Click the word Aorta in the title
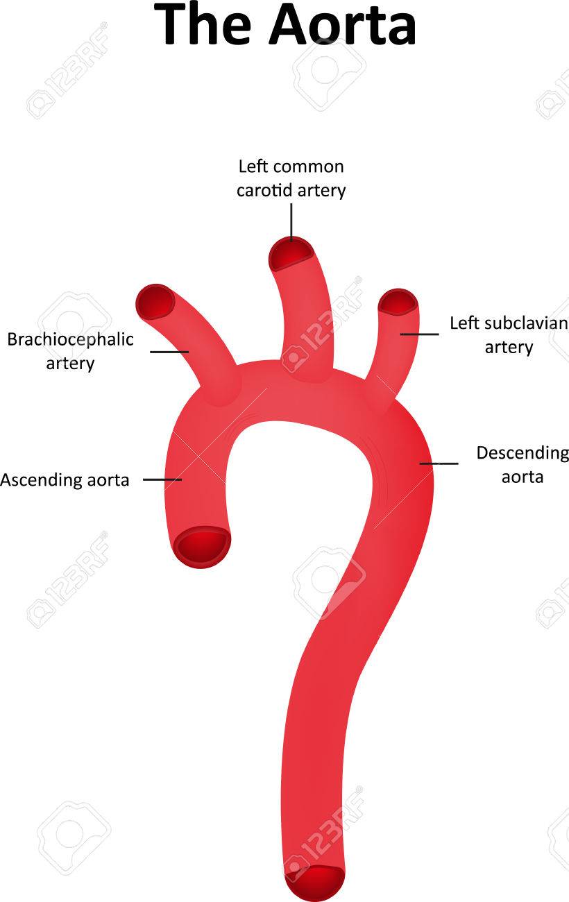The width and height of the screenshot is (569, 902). pyautogui.click(x=343, y=25)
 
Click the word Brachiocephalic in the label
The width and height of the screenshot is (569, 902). pyautogui.click(x=71, y=339)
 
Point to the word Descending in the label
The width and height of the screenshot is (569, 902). pyautogui.click(x=523, y=454)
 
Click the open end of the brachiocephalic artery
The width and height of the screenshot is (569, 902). pyautogui.click(x=156, y=302)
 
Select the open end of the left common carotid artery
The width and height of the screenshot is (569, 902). pyautogui.click(x=291, y=254)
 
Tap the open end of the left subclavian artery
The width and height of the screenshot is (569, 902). pyautogui.click(x=398, y=302)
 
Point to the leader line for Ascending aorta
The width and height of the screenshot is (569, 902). pyautogui.click(x=162, y=479)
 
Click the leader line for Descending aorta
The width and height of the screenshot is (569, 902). pyautogui.click(x=439, y=463)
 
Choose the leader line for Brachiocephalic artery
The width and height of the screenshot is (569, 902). pyautogui.click(x=169, y=352)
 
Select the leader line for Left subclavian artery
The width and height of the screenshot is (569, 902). pyautogui.click(x=419, y=334)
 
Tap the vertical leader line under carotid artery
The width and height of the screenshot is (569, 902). pyautogui.click(x=291, y=222)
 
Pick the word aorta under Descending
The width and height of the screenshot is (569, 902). pyautogui.click(x=523, y=477)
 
